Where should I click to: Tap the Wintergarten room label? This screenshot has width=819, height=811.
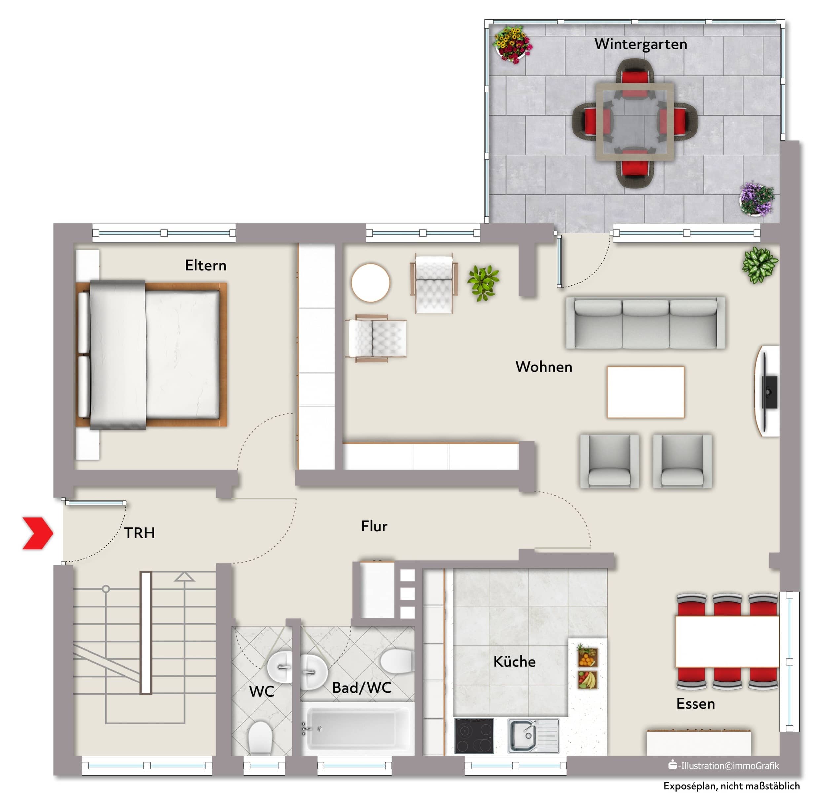coord(641,44)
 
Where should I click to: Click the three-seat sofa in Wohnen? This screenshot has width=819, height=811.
coord(646,323)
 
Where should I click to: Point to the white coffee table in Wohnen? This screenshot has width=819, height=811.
coord(645,392)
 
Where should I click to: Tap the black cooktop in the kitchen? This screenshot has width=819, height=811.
coord(474,736)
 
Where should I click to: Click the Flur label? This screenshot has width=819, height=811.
coord(374,526)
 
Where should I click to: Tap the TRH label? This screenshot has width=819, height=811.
coord(139,533)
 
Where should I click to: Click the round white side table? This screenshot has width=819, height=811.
coord(371,282)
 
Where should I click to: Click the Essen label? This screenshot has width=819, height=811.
coord(695,704)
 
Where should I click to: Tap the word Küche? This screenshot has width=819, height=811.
coord(514,661)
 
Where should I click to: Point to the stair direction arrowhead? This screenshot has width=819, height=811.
coord(184,577)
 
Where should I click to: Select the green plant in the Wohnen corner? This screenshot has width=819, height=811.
coord(760,265)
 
